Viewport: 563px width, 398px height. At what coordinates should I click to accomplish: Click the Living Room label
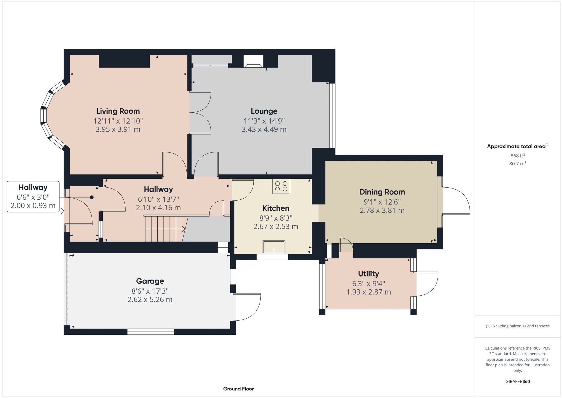(118, 111)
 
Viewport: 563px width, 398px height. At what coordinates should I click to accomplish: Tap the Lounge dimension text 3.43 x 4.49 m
(264, 129)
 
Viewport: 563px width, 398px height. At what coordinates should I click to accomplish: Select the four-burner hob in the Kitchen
(281, 186)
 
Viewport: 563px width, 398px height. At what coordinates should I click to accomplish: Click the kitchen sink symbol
(274, 247)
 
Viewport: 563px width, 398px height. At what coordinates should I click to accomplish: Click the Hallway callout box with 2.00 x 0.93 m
(33, 197)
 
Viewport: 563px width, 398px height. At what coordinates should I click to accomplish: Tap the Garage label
(150, 281)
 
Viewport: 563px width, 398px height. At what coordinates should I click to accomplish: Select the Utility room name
(368, 274)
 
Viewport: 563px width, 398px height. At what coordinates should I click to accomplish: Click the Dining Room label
(382, 192)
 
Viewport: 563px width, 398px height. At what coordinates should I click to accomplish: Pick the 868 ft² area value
(517, 156)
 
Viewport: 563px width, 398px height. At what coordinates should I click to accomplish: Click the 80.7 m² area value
(517, 163)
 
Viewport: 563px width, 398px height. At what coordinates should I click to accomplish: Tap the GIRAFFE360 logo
(517, 381)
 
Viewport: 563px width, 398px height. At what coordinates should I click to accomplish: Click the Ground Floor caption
(238, 389)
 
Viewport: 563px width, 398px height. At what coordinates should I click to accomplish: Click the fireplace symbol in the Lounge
(253, 62)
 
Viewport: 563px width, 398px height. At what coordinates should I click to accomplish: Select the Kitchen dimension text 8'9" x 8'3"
(276, 218)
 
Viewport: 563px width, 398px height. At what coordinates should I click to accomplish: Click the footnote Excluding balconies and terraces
(517, 326)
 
